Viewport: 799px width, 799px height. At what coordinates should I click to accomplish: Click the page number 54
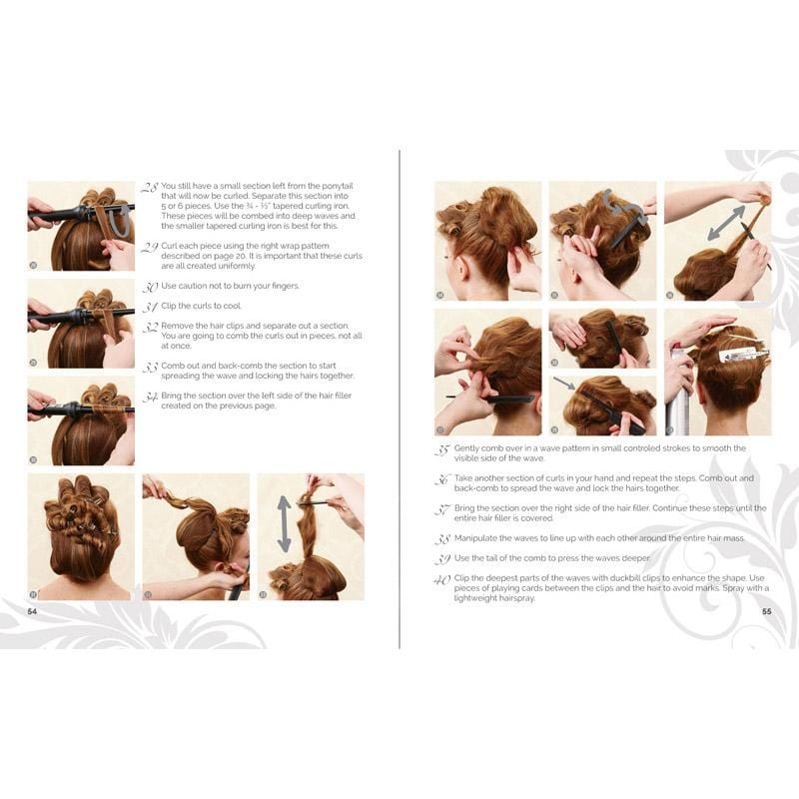(x=32, y=611)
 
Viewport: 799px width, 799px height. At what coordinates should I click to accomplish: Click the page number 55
(x=766, y=612)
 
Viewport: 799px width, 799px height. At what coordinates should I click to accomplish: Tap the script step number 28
(x=149, y=187)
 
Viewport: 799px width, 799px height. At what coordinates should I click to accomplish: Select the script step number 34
(x=149, y=397)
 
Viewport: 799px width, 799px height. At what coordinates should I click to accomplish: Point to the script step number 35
(x=442, y=449)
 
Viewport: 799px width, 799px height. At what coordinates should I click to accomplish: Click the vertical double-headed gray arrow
(x=284, y=523)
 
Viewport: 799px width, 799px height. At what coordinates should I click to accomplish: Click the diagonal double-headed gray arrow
(x=726, y=222)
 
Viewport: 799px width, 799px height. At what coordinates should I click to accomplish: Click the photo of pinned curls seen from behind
(x=80, y=536)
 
